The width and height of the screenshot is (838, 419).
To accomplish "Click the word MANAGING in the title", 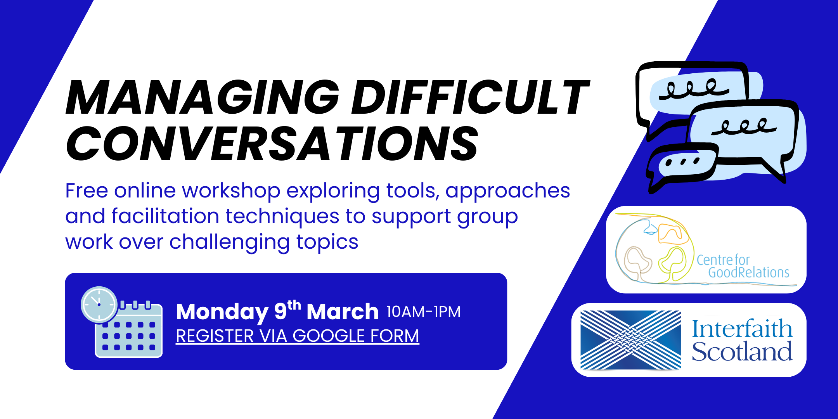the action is click(203, 97).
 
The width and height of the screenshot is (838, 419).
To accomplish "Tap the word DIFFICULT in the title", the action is click(471, 97).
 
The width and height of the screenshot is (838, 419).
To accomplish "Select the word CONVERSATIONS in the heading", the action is click(272, 144).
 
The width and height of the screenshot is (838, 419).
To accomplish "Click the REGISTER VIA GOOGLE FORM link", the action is click(298, 336).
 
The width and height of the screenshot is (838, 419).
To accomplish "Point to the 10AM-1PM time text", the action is click(424, 312).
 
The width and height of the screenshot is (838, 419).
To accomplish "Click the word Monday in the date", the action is click(222, 312).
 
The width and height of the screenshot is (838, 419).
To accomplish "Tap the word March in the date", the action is click(343, 312).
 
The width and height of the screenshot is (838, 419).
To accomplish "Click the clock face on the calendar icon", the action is click(99, 305).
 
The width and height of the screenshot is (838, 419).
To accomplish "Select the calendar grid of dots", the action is click(128, 336).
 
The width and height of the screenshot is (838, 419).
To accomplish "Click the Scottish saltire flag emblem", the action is click(630, 340).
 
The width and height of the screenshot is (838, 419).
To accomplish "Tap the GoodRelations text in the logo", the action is click(749, 272).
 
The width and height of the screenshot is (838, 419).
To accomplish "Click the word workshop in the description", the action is click(231, 190).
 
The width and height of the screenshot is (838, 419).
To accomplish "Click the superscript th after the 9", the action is click(294, 305).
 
